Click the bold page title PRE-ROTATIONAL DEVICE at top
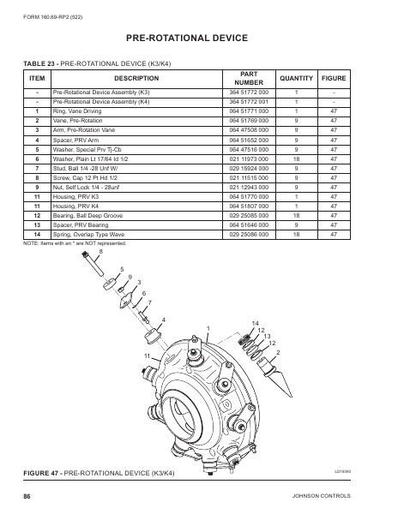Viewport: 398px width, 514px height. pos(198,39)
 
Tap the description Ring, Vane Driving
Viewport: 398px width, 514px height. pos(78,111)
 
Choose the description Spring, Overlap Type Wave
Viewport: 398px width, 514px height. pos(91,234)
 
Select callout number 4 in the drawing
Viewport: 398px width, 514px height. pos(163,320)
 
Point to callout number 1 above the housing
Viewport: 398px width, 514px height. pos(208,328)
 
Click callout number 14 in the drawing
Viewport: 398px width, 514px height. pos(255,322)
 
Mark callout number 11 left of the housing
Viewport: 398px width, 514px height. pos(147,355)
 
